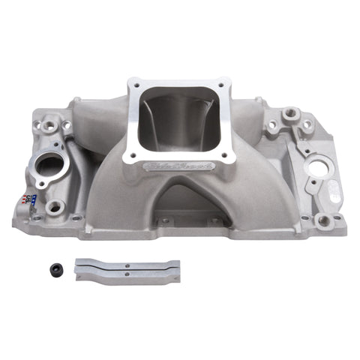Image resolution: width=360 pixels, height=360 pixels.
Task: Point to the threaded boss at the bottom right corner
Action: click(322, 220)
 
